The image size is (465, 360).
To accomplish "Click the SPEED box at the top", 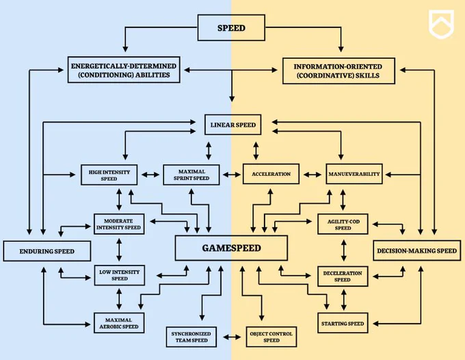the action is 231,28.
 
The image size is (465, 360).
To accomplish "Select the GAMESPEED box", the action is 231,248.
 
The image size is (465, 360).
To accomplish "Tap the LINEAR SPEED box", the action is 232,125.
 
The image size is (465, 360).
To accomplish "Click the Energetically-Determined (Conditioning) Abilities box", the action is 124,70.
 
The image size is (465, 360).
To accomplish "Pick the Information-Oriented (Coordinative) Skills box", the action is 338,71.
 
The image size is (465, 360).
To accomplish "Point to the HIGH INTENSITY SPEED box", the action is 109,175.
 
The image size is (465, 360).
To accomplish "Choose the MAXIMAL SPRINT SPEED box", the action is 191,175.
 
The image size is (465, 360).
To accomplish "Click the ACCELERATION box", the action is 271,174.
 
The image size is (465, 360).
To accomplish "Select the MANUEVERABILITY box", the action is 354,174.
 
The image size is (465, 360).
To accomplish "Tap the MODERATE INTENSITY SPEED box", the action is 119,224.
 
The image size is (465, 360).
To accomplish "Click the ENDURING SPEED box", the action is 47,251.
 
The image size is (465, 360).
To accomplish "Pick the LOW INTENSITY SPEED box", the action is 120,275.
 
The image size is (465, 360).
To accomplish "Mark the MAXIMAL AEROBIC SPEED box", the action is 119,323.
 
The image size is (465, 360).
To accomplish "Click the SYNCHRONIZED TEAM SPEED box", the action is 191,337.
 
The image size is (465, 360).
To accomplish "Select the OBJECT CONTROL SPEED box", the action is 271,337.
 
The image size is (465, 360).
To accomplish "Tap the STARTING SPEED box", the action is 343,323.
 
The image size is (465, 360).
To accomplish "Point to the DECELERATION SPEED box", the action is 343,277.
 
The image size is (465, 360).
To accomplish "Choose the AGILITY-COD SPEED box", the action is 343,224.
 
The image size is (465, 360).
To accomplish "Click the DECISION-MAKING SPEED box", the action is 416,250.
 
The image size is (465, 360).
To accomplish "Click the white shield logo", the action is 441,25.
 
